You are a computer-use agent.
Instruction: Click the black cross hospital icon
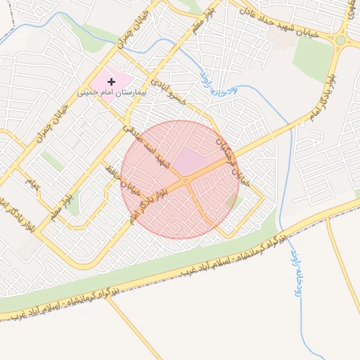[x=111, y=82]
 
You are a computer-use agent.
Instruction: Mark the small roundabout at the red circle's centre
[x=186, y=182]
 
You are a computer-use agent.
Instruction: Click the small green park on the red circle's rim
[x=234, y=202]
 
